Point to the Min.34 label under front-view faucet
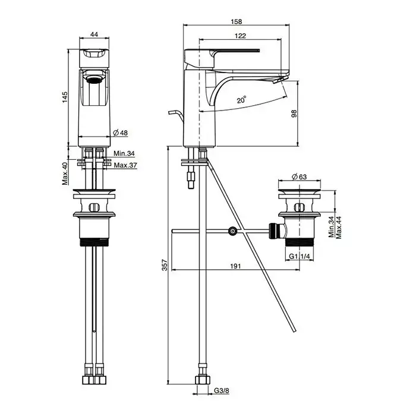tap(124, 154)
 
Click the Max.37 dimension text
tap(125, 165)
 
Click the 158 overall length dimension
tap(236, 21)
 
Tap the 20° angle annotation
tap(241, 100)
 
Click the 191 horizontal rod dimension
tap(235, 266)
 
